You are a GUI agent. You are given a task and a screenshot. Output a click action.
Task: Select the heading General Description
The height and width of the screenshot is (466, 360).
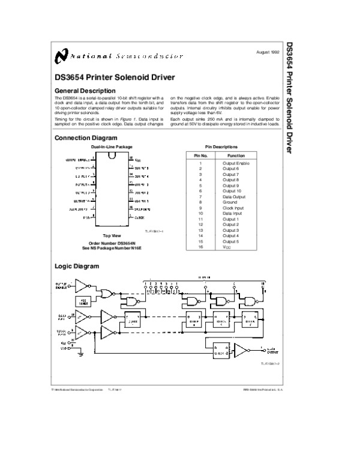81,91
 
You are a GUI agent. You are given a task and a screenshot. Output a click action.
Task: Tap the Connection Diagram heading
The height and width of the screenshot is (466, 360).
83,138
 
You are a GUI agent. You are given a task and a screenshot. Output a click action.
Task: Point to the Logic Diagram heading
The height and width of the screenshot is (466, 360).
76,265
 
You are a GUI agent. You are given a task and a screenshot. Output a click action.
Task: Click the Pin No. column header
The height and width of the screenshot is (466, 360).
200,155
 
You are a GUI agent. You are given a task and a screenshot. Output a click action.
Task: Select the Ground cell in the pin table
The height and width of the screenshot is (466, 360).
230,202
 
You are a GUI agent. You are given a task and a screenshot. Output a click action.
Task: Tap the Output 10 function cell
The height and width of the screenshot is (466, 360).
231,191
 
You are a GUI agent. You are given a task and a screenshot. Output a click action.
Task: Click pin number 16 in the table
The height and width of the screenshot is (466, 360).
200,247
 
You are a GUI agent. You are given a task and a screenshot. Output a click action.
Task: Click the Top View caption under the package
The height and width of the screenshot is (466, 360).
112,236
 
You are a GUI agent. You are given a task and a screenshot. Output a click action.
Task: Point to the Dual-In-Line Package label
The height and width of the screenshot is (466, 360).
112,147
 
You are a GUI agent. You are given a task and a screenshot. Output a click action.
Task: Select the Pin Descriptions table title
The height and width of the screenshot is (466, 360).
221,147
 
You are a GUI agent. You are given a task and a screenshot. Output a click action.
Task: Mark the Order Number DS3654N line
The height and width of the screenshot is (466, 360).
112,243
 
